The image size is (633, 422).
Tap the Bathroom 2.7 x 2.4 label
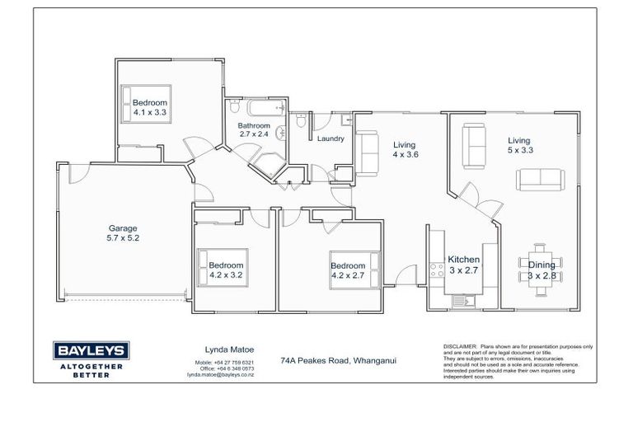(254, 129)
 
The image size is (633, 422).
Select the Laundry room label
(330, 138)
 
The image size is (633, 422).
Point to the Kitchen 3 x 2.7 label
(463, 264)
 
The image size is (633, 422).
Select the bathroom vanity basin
(282, 133)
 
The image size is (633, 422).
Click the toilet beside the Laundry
(302, 122)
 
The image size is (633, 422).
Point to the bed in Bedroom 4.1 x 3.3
(147, 102)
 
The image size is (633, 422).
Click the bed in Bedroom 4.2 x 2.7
(355, 272)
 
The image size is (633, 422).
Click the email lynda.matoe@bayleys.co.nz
(219, 374)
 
